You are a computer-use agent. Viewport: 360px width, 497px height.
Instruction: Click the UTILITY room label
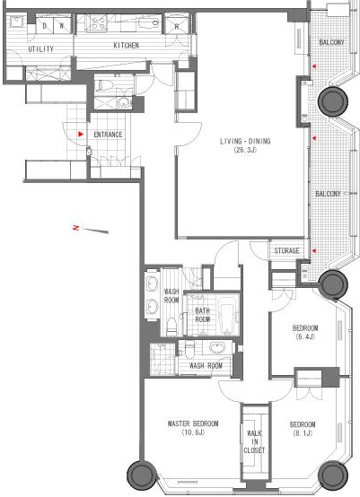(41, 49)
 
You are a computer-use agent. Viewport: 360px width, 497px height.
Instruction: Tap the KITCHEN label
(127, 46)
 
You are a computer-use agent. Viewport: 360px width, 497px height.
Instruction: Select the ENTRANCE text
(108, 135)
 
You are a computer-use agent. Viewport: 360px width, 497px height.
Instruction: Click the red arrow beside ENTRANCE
(81, 134)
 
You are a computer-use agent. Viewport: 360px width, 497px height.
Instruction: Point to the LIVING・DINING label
(245, 142)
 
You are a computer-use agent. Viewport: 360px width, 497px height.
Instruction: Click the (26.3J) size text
(245, 150)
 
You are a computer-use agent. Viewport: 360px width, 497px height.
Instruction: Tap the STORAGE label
(286, 251)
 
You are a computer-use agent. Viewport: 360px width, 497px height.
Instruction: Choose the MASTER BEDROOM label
(193, 423)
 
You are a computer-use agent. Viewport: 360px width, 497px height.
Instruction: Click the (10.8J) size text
(193, 432)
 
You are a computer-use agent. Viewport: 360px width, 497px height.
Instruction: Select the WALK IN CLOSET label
(254, 441)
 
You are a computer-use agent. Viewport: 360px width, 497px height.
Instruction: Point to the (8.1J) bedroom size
(303, 433)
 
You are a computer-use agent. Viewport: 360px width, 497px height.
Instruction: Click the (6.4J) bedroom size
(305, 336)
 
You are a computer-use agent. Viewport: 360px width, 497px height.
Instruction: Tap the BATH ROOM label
(202, 315)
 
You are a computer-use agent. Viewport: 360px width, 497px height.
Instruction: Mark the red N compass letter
(75, 228)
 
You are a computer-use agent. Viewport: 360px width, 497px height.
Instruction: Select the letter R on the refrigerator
(177, 27)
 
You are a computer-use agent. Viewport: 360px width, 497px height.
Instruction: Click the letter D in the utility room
(44, 27)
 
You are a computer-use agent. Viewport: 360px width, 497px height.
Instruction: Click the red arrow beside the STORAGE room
(314, 251)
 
